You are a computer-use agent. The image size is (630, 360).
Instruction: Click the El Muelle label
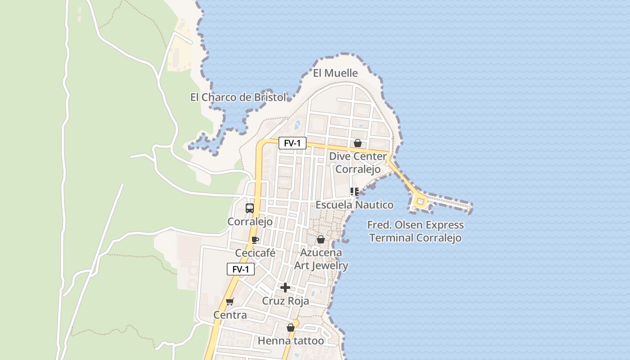pos(335,73)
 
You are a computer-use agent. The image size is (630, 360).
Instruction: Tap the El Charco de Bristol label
pos(238,97)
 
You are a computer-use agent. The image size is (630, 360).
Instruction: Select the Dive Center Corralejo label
pos(358,162)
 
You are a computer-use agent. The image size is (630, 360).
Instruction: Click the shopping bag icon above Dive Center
pos(357,143)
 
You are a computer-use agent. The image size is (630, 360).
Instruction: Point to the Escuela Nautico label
pos(354,205)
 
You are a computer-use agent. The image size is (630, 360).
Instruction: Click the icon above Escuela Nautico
pos(354,192)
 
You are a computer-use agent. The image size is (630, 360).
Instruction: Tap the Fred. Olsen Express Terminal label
pos(415,231)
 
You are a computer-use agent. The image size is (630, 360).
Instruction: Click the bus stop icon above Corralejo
pos(250,208)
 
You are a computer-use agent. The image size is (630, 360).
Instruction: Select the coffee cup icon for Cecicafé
pos(255,240)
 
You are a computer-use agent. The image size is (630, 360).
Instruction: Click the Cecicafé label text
pos(255,253)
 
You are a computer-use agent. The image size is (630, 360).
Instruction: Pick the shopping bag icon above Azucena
pos(321,239)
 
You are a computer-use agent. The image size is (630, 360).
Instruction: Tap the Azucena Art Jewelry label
pos(321,259)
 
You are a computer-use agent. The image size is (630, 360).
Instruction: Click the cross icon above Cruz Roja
pos(285,288)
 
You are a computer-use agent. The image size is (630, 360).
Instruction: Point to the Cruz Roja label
pos(285,301)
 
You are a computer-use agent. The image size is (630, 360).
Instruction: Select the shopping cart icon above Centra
pos(230,301)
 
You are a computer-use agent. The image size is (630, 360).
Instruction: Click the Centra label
pos(230,315)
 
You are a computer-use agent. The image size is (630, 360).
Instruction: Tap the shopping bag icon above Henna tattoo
pos(291,328)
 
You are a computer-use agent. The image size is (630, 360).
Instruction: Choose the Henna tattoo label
pos(291,341)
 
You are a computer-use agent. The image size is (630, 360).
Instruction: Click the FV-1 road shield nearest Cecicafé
pos(241,269)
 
